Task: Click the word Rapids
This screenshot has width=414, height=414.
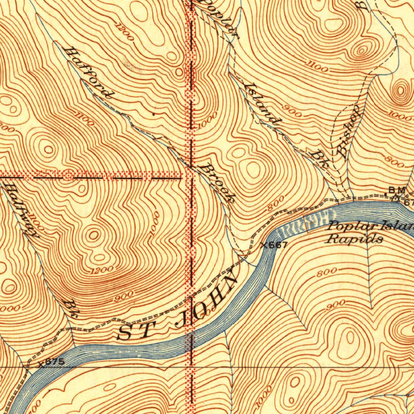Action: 355,239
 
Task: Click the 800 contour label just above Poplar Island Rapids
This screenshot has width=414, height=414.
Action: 276,204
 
